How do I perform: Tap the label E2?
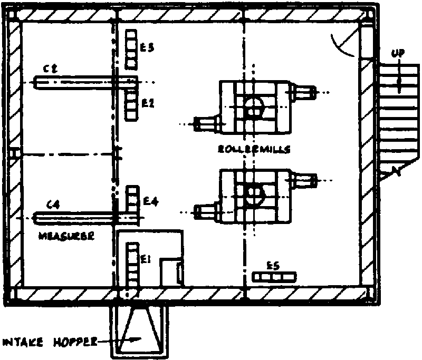[148, 103]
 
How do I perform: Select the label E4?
[150, 201]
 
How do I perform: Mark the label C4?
[52, 205]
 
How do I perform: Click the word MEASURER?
[66, 237]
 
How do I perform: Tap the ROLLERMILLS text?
[254, 149]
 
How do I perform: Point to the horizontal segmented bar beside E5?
[274, 276]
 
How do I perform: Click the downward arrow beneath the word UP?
[399, 79]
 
